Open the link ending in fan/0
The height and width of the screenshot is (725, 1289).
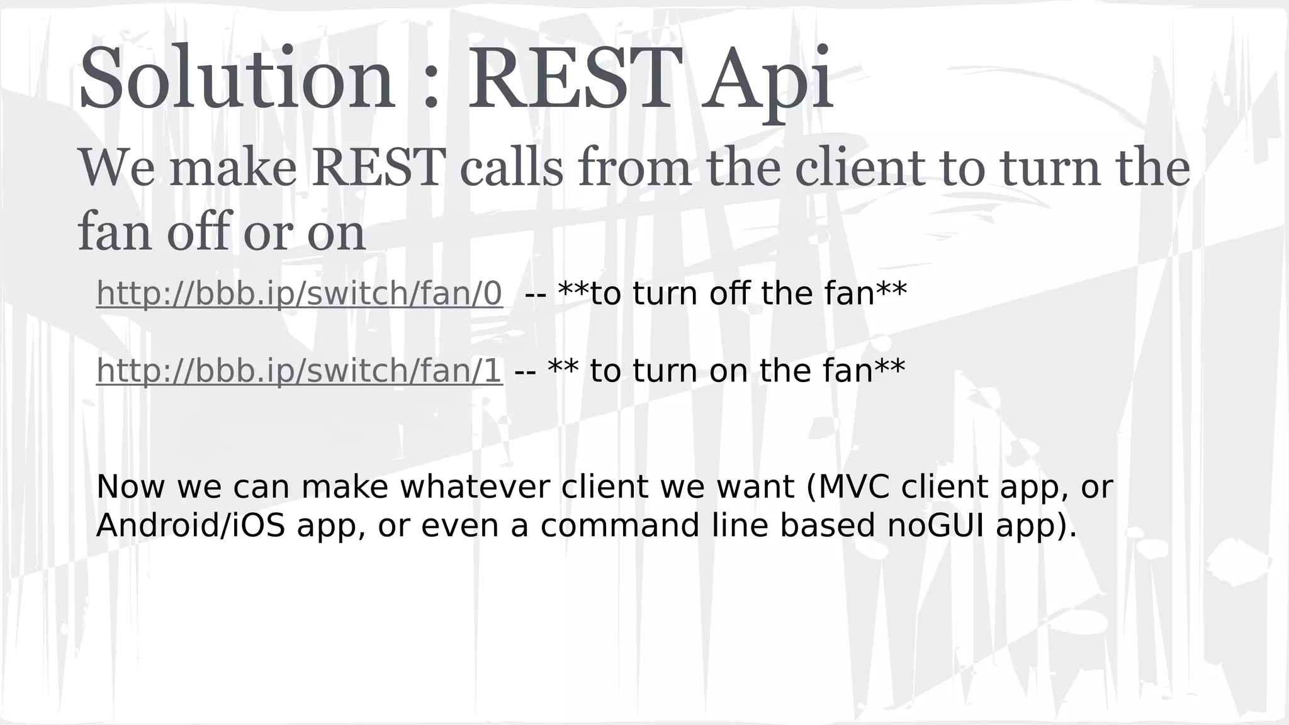coord(299,294)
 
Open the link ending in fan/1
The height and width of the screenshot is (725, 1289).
coord(299,371)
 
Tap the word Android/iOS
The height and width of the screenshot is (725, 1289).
coord(190,525)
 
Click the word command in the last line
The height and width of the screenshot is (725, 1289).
coord(620,525)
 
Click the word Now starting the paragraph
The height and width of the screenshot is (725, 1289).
coord(131,487)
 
